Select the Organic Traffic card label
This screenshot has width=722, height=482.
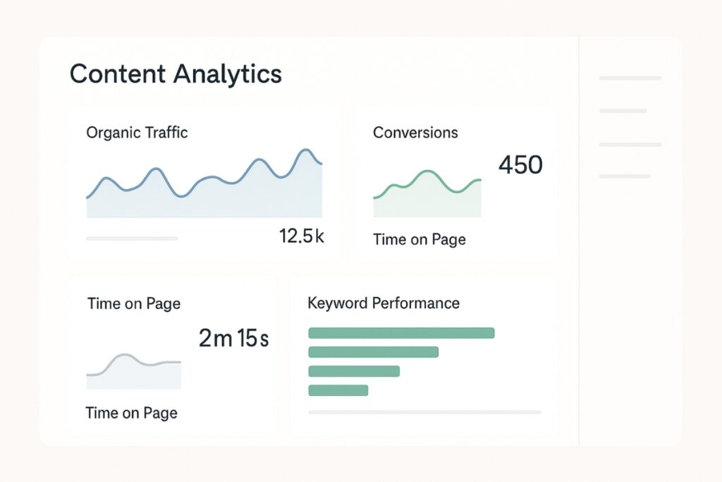pos(137,132)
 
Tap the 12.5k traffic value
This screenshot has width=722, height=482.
pos(301,236)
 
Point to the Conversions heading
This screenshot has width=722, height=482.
pos(415,133)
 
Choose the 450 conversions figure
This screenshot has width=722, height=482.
pos(520,165)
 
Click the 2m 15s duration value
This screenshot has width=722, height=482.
pos(233,339)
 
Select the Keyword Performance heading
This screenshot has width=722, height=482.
pos(384,303)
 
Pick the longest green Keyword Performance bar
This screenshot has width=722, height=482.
pos(401,333)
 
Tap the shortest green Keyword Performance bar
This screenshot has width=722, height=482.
pos(338,390)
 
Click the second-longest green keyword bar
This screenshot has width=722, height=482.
pos(374,352)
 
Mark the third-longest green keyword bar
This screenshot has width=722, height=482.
pos(354,371)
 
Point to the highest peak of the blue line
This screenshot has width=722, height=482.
pos(305,150)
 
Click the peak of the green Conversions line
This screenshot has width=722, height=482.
pos(427,171)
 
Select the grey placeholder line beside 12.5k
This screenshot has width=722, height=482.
pos(132,239)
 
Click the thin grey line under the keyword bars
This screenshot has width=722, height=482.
pos(424,412)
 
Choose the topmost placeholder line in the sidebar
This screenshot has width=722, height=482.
pos(630,78)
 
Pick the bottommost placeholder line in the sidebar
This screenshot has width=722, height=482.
pos(625,176)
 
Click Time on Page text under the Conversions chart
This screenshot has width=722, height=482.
pos(420,240)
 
